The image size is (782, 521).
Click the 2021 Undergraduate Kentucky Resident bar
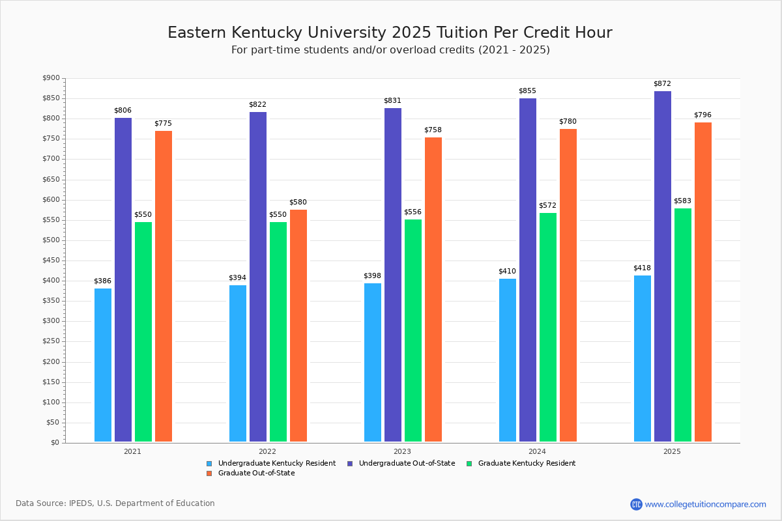pos(103,365)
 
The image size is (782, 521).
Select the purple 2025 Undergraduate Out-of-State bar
pos(663,267)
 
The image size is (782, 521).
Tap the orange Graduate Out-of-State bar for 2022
pos(298,326)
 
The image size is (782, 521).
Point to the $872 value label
pos(662,84)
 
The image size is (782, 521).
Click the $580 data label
pos(298,203)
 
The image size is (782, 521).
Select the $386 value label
pos(102,281)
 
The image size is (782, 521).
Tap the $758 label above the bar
pos(433,130)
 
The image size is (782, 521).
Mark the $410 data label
pos(508,271)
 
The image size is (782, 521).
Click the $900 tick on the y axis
pos(50,78)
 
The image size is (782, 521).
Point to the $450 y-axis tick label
pos(50,260)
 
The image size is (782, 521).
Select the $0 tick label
pos(54,443)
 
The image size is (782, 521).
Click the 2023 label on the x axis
pos(402,451)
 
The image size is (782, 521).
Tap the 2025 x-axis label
pos(672,451)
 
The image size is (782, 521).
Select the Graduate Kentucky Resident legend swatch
pos(470,464)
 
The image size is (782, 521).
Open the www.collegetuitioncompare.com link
pos(705,504)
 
